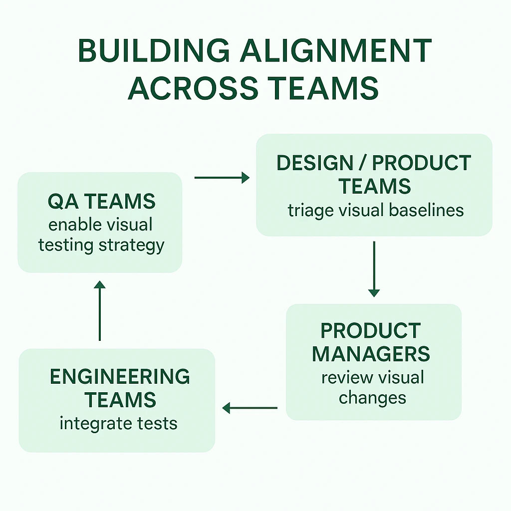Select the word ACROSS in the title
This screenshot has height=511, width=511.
tap(193, 88)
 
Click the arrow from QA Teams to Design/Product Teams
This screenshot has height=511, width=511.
tap(222, 178)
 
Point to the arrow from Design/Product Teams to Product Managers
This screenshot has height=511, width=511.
tap(374, 269)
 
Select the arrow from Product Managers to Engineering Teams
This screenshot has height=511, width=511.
tap(250, 408)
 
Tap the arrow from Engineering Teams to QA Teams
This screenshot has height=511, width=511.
tap(100, 310)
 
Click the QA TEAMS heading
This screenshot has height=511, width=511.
tap(102, 201)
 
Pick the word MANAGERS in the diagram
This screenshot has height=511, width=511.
tap(371, 354)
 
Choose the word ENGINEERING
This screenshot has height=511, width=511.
tap(120, 377)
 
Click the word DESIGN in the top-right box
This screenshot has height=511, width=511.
tap(315, 163)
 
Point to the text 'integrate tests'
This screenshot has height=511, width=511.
tap(119, 424)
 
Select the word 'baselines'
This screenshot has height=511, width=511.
tap(426, 210)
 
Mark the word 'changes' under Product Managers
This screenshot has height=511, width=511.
tap(372, 398)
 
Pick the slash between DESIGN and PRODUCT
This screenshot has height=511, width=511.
tap(362, 163)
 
